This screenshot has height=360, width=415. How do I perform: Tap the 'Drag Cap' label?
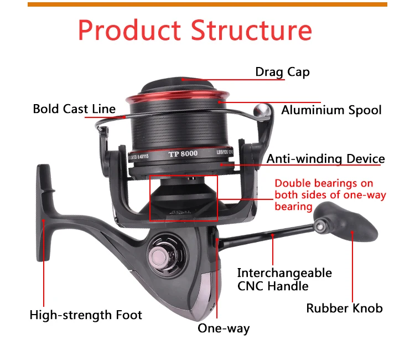pos(282,72)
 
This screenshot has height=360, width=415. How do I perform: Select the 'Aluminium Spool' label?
pos(331,110)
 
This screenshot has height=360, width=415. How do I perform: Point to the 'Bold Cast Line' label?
pos(74,109)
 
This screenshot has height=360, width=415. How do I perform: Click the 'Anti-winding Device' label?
pos(325,159)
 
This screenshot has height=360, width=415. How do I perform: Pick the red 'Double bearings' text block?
pos(330,194)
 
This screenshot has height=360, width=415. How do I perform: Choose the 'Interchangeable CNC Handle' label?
pos(284,279)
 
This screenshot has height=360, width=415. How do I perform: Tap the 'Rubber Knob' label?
pos(344,308)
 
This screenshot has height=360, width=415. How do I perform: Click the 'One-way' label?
pos(224,328)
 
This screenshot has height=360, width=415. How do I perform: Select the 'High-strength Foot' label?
pos(86,315)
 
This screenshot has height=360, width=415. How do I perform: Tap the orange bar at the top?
pos(207,4)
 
